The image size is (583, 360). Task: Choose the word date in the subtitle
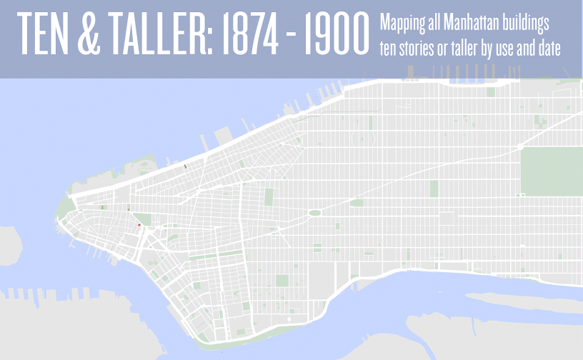pos(547,48)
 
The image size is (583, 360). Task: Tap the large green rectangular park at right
pos(551,171)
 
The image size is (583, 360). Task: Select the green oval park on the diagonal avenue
pos(314,213)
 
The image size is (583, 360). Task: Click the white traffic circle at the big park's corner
pos(522,146)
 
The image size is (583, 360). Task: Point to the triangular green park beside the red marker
pos(143,219)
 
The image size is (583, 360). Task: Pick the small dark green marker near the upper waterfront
pos(185,165)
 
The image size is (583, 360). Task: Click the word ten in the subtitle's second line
pos(389,48)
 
